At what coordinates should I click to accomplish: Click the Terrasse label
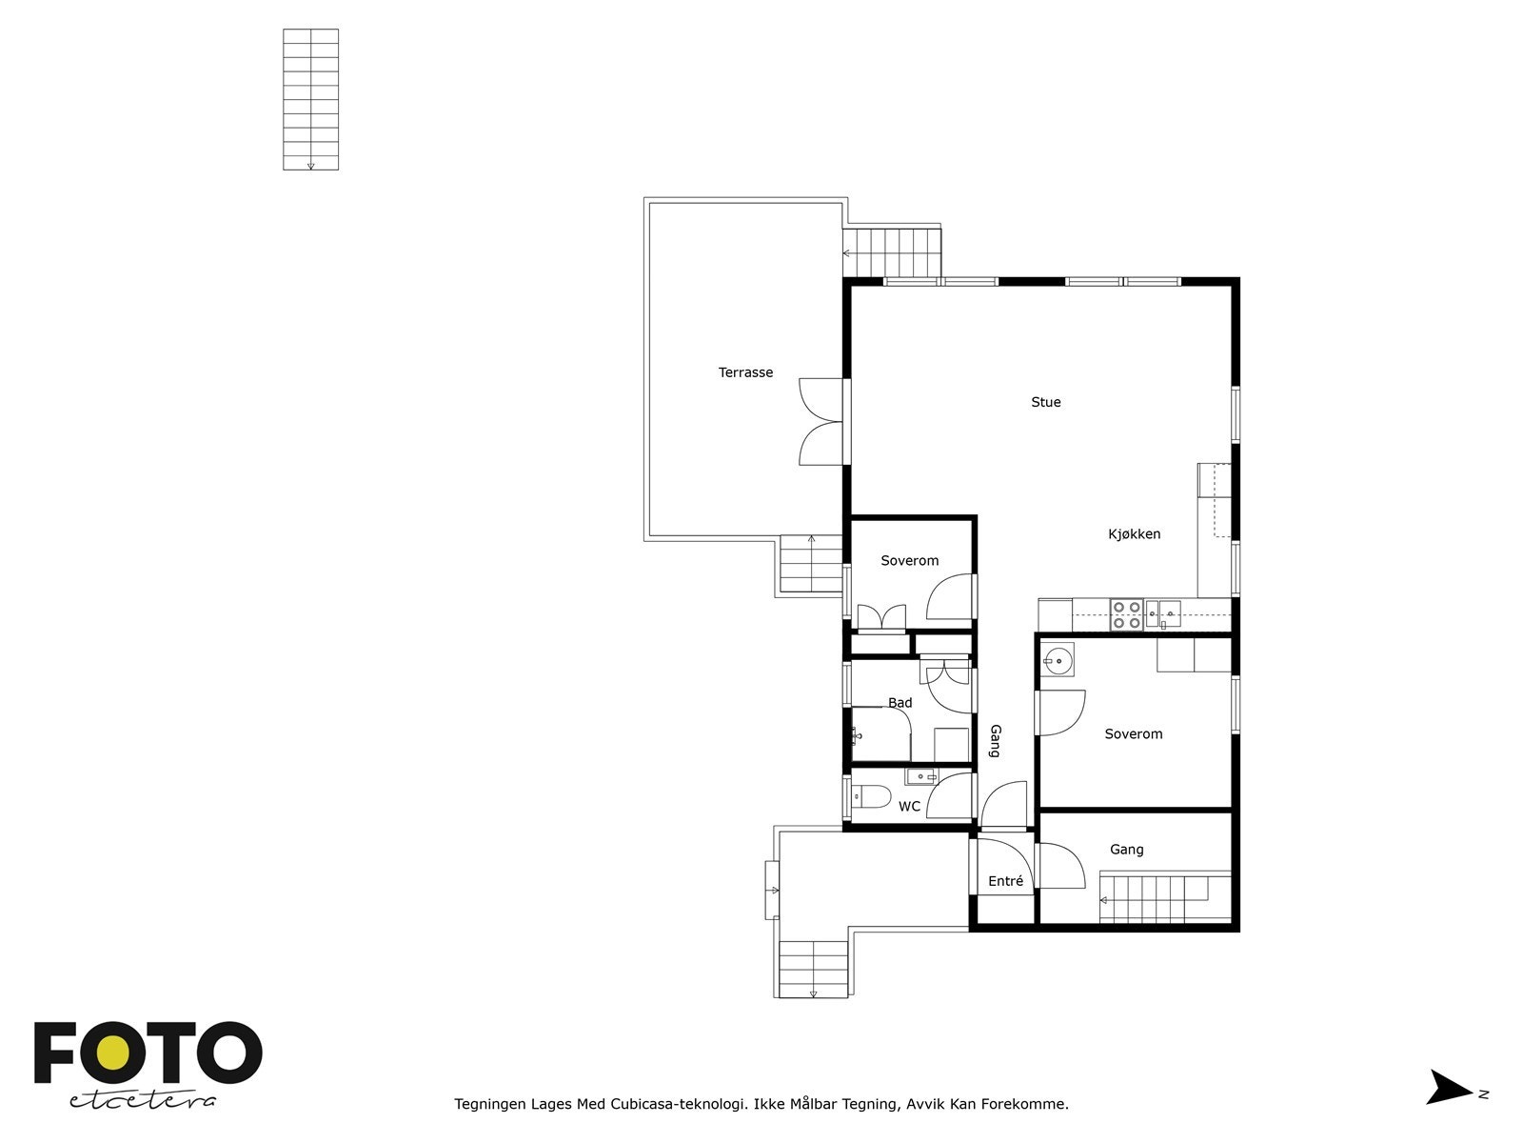coord(745,372)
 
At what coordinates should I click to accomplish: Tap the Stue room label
coord(1045,402)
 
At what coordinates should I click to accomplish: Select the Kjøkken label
coord(1134,533)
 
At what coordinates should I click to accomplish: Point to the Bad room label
coord(900,702)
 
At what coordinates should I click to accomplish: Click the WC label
coord(909,807)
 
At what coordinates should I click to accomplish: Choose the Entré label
coord(1005,881)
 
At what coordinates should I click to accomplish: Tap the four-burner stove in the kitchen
coord(1126,615)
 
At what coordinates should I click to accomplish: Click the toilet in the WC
coord(871,796)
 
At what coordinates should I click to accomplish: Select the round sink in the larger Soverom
coord(1058,660)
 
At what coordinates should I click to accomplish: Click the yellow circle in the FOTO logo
coord(112,1053)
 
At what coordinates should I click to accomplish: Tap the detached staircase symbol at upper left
coord(311,99)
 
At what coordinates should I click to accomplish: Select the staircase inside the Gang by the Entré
coord(1165,899)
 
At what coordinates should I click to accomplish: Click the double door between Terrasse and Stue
coord(822,421)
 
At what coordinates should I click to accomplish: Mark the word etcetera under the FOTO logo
coord(142,1101)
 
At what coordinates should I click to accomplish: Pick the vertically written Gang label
coord(995,740)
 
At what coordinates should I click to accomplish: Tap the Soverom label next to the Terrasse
coord(909,560)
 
